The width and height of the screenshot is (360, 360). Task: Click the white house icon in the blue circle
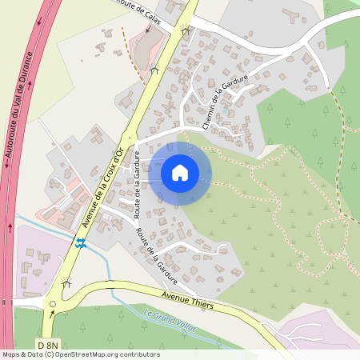(x=179, y=172)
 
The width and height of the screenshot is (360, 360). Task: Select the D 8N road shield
(x=47, y=344)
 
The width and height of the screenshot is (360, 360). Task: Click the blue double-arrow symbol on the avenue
(x=80, y=242)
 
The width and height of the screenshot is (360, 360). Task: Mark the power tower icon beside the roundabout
(x=66, y=282)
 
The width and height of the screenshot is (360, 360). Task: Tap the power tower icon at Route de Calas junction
(x=186, y=32)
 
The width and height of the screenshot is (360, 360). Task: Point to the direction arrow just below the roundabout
(x=53, y=314)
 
